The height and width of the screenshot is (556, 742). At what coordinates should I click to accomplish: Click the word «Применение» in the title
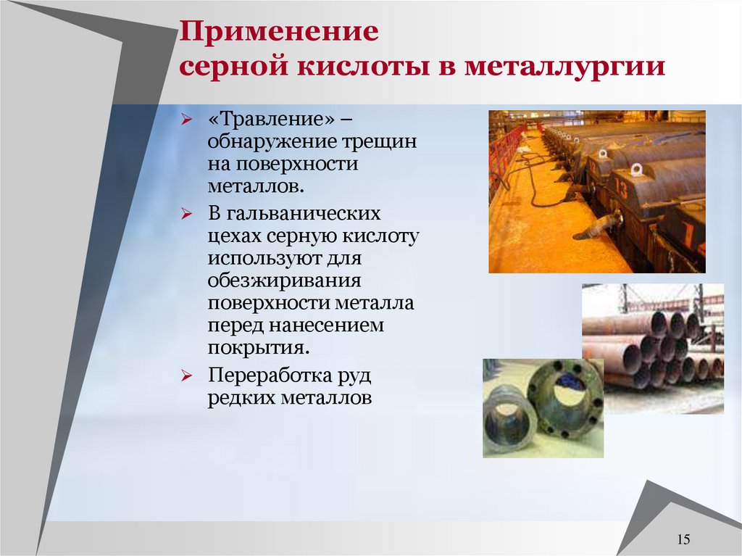click(280, 33)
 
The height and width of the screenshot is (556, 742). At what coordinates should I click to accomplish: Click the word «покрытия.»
click(259, 348)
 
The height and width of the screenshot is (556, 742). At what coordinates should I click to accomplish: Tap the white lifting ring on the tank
click(636, 170)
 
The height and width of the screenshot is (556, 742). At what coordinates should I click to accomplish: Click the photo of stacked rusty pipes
click(652, 348)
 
